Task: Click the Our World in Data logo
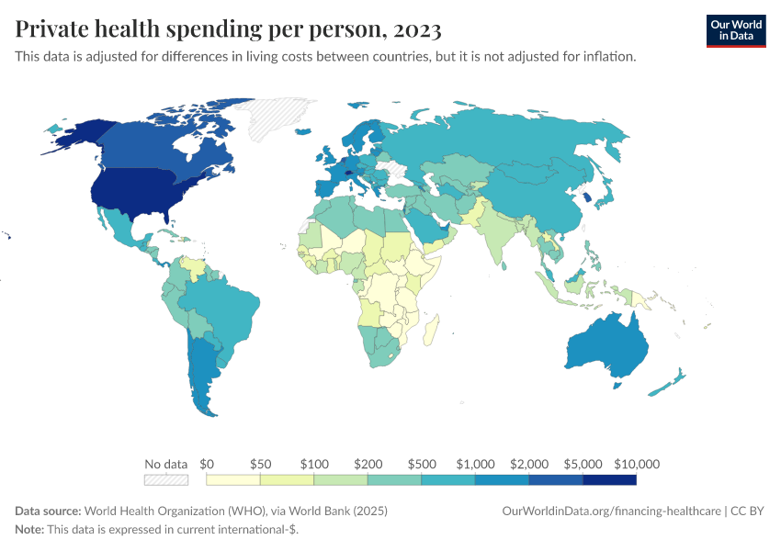tap(735, 30)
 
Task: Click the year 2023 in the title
tap(417, 29)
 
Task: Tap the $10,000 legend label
tap(637, 464)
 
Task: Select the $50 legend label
tap(260, 464)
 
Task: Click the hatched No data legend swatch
tap(165, 479)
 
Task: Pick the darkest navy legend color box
tap(609, 479)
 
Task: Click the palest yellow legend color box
tap(233, 479)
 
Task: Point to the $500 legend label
tap(422, 464)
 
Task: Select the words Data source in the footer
tap(48, 511)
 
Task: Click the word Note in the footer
tap(28, 530)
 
